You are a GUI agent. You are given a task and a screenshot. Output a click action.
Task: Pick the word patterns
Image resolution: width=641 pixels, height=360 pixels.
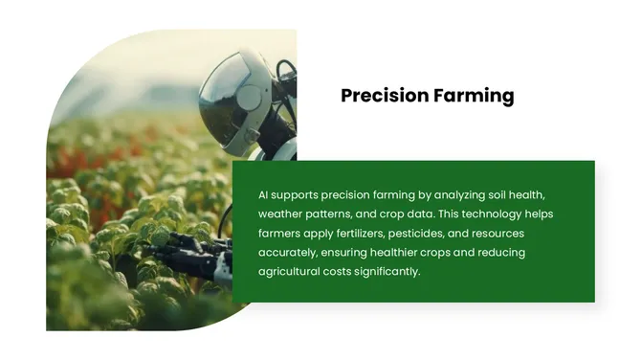[x=336, y=214]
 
